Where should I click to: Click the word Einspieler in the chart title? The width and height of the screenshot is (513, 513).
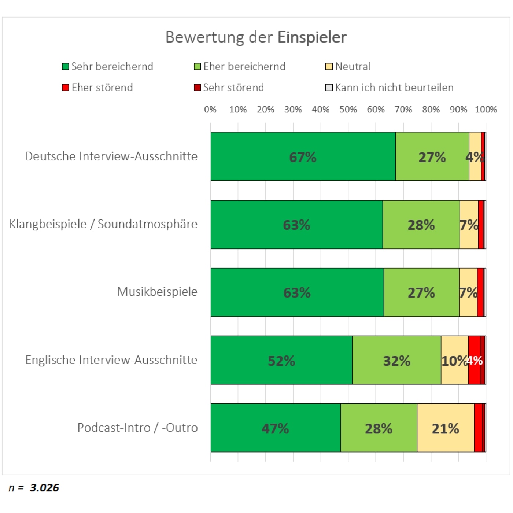tap(312, 37)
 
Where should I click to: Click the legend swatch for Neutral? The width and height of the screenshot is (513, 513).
tap(329, 67)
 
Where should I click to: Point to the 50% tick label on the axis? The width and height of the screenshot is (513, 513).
tap(348, 110)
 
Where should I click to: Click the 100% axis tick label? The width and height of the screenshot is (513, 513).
tap(486, 110)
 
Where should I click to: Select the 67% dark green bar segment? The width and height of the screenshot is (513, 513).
tap(303, 156)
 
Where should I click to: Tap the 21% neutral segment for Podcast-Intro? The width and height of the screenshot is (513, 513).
tap(445, 428)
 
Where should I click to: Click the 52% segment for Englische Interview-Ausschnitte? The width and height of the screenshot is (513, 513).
tap(281, 360)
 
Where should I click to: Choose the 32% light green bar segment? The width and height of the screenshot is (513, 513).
tap(396, 360)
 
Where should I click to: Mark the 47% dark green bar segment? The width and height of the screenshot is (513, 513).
tap(275, 428)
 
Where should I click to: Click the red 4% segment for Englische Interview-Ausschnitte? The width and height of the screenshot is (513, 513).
tap(475, 360)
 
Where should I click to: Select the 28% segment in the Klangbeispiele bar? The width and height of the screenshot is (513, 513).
tap(421, 225)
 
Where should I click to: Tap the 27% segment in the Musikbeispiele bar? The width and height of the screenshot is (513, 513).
tap(421, 292)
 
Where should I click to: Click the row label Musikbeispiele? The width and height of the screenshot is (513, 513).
tap(157, 292)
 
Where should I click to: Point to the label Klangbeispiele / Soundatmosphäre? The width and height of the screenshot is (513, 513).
tap(103, 224)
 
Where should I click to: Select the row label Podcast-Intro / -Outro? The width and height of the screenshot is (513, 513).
tap(137, 428)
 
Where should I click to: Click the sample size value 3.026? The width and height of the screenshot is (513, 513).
tap(44, 488)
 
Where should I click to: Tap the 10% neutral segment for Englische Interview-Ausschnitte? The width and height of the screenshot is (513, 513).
tap(454, 360)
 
